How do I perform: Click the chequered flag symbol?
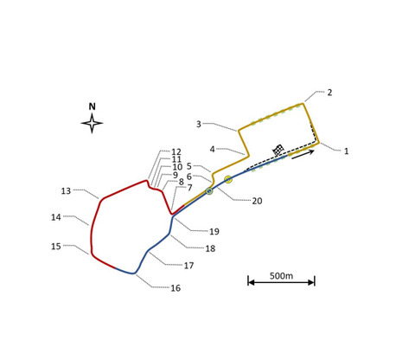(x=278, y=151)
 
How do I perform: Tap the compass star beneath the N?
(x=92, y=123)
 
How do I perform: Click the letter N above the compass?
(x=92, y=106)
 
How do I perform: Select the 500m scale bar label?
(x=281, y=276)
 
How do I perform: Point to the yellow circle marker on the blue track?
(x=228, y=179)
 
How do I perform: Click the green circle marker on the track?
(x=209, y=191)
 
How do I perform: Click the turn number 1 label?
(x=347, y=151)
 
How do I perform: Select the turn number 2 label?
(x=329, y=93)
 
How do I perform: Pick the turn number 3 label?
(x=199, y=124)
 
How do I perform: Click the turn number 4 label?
(x=212, y=149)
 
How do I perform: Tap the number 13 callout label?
(x=66, y=191)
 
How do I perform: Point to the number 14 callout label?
(x=56, y=217)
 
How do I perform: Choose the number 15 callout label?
(x=56, y=247)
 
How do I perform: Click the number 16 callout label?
(x=176, y=288)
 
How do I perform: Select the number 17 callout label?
(x=188, y=266)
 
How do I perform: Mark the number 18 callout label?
(x=210, y=248)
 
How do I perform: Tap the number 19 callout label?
(x=214, y=231)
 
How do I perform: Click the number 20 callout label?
(x=257, y=201)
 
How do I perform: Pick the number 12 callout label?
(x=176, y=151)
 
